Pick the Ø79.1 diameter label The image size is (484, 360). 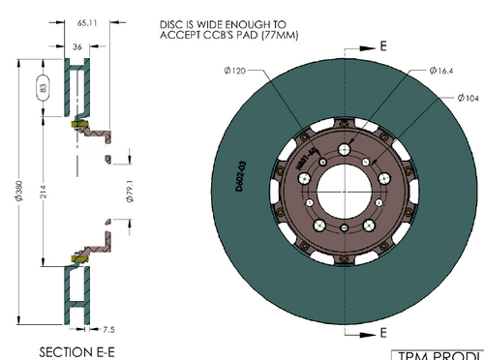[x=130, y=181]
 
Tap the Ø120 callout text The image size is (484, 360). [x=237, y=71]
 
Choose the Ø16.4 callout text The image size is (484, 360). [x=442, y=71]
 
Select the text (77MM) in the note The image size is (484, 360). [x=297, y=37]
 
